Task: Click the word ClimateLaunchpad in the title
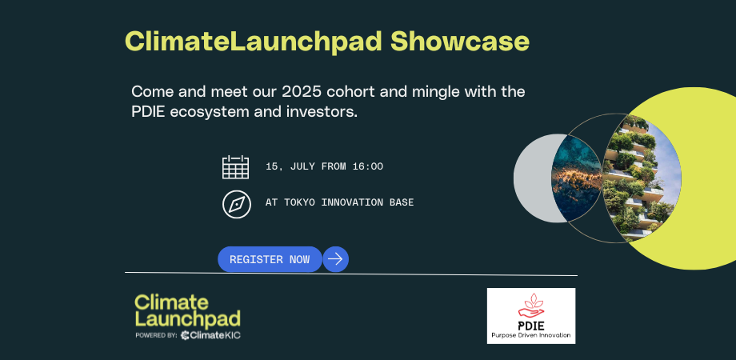pos(254,42)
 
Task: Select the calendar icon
pos(235,166)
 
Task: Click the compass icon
pos(236,203)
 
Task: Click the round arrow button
pos(335,259)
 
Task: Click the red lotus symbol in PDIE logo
pos(530,302)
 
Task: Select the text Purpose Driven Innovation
pos(531,335)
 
